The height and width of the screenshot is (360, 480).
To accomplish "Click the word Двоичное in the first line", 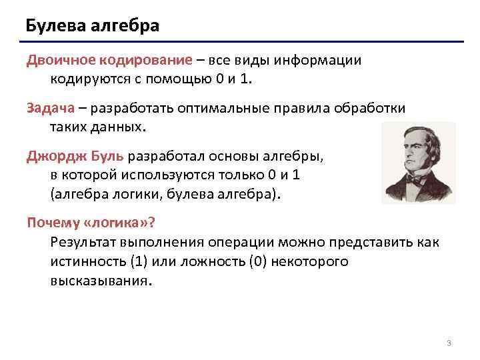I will point(61,61).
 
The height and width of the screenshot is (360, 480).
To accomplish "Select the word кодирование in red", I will point(146,61).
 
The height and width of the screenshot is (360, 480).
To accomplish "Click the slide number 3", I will point(449,343).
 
